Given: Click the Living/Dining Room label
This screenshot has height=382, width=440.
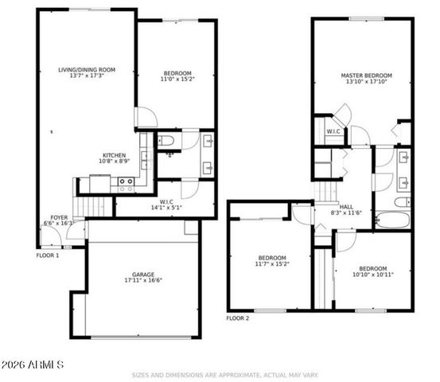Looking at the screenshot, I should point(87,70).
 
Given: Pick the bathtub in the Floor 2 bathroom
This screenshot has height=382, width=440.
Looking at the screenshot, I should point(392,219).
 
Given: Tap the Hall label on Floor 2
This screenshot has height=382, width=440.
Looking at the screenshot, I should point(346,205).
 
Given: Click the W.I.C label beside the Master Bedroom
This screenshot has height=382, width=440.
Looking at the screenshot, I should point(333,131).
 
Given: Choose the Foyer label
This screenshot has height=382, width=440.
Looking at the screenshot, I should point(59,216).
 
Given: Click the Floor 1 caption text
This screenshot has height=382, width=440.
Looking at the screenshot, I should point(48,255).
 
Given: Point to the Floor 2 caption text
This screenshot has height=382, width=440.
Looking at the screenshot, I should point(237,318).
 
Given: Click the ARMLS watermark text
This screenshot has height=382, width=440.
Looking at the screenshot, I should point(33,364).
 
